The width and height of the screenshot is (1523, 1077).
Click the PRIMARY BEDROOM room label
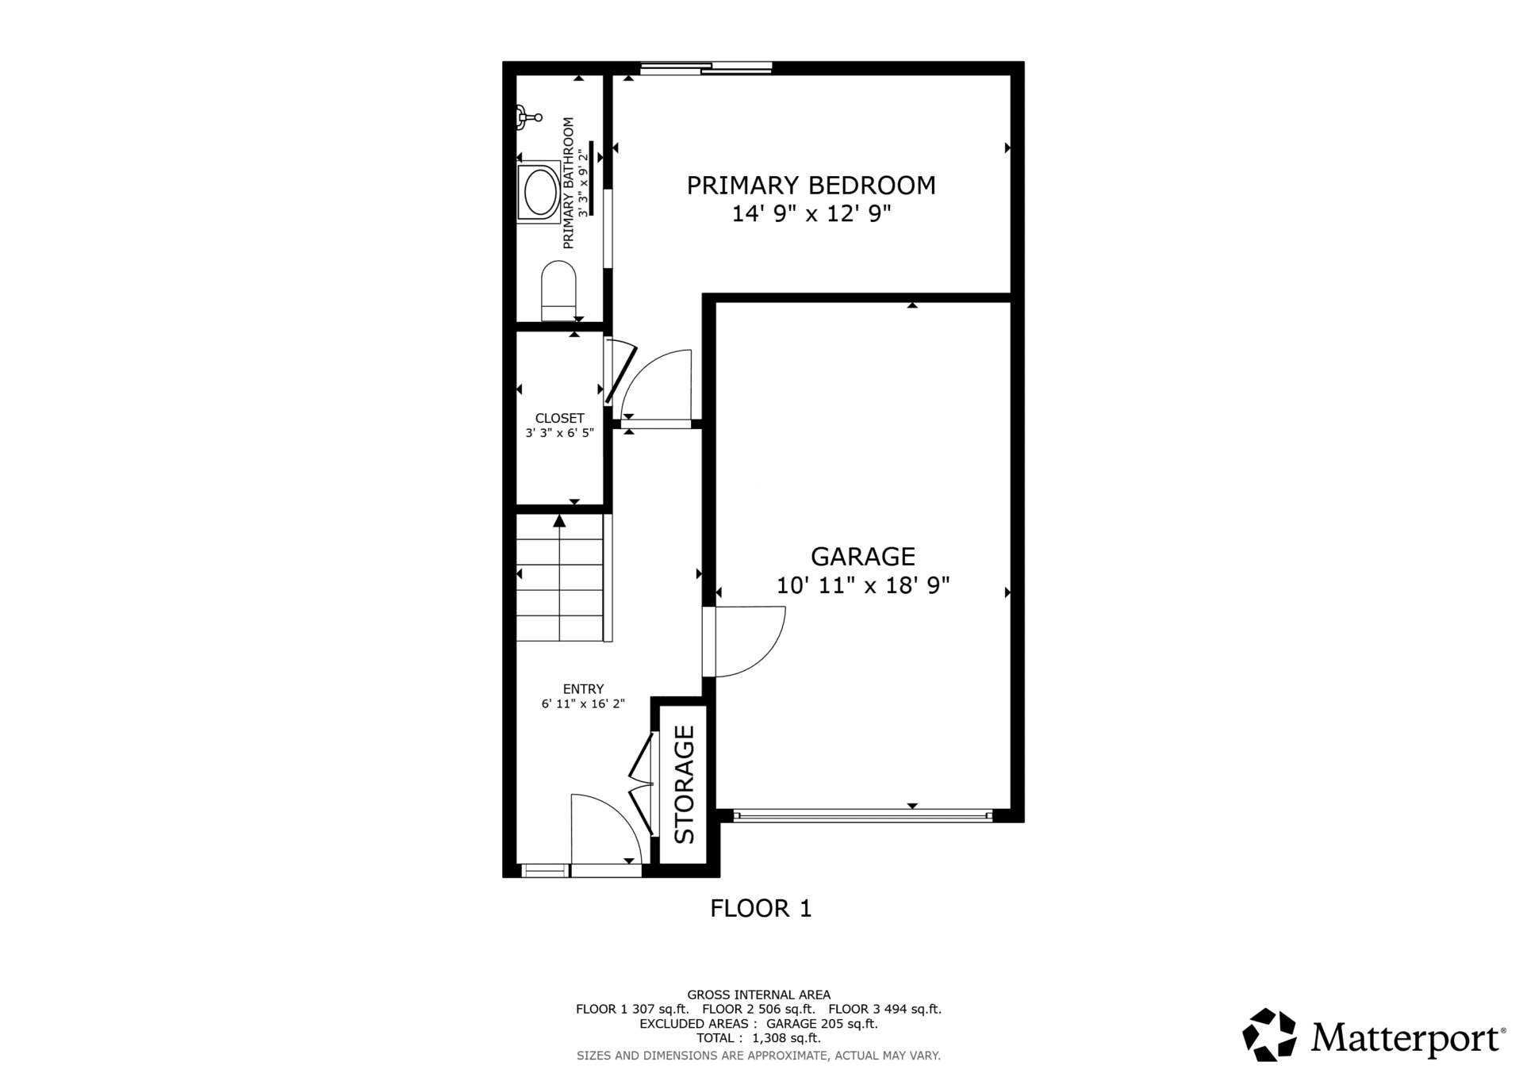pos(811,186)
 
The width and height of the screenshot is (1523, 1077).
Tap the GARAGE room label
pos(863,556)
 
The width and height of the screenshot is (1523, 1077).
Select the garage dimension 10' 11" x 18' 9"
pos(863,585)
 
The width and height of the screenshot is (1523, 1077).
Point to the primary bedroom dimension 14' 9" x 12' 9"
pos(811,214)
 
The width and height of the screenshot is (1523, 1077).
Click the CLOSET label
pos(560,418)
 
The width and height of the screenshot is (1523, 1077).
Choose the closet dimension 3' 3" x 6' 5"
pos(560,433)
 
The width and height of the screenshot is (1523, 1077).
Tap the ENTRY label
pos(584,689)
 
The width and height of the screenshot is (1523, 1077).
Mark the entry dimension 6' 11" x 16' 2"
pos(584,703)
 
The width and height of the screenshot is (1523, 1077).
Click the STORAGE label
pos(685,784)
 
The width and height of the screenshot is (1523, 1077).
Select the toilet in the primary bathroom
pos(558,291)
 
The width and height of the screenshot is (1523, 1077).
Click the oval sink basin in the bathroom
pos(539,192)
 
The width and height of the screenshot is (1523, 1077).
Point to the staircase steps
pos(560,577)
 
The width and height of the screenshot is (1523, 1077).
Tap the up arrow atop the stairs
pos(560,521)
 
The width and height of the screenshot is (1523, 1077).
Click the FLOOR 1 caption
pos(761,909)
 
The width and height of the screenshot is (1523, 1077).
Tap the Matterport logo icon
pos(1269,1034)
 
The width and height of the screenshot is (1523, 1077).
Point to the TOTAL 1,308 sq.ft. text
pos(758,1038)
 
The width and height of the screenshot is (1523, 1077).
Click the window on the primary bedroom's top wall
pos(706,69)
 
